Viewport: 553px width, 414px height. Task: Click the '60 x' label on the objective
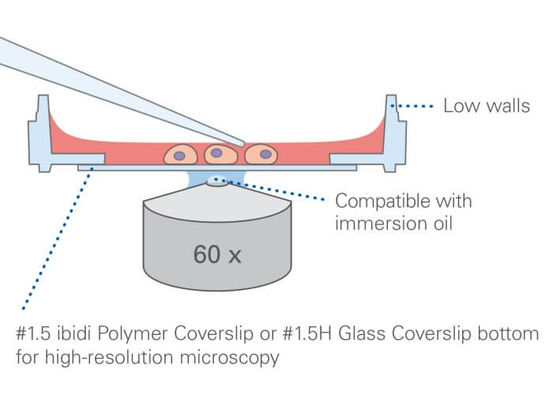click(x=217, y=254)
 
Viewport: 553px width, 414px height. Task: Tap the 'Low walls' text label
click(x=486, y=106)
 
